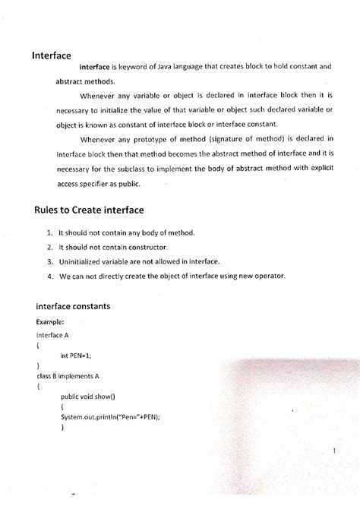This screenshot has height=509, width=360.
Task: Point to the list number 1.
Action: pos(49,232)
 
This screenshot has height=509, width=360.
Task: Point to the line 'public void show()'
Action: pos(91,396)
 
